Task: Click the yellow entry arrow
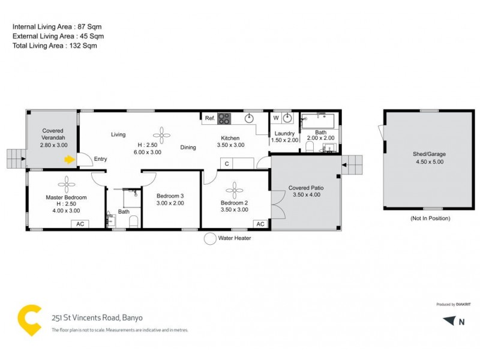pyautogui.click(x=70, y=160)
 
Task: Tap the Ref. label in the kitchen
pyautogui.click(x=210, y=118)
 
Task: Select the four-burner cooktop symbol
pyautogui.click(x=224, y=118)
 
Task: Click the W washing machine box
pyautogui.click(x=276, y=118)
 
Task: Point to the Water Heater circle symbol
pyautogui.click(x=210, y=239)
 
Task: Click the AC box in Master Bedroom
pyautogui.click(x=80, y=224)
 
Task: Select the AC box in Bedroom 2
pyautogui.click(x=260, y=224)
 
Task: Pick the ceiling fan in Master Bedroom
pyautogui.click(x=65, y=182)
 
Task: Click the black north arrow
pyautogui.click(x=449, y=321)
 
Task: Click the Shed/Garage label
pyautogui.click(x=428, y=154)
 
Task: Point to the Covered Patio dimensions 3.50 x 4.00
pyautogui.click(x=307, y=195)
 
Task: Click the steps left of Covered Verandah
pyautogui.click(x=14, y=159)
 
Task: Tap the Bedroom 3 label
pyautogui.click(x=170, y=196)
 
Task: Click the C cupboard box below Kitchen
pyautogui.click(x=227, y=163)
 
